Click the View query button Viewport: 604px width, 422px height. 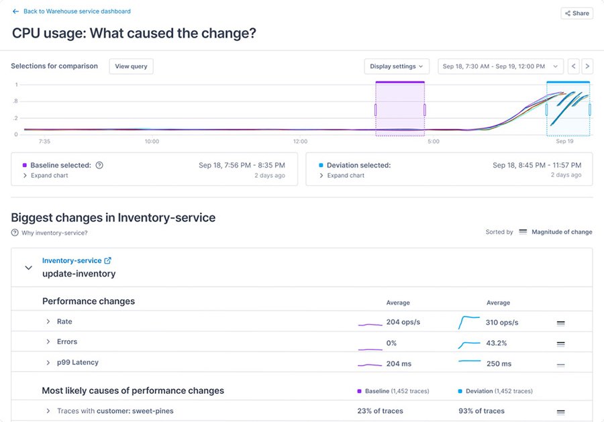click(x=131, y=66)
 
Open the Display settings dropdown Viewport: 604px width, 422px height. click(x=397, y=66)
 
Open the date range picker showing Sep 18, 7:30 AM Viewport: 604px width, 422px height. click(x=501, y=66)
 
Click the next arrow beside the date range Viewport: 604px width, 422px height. click(x=587, y=66)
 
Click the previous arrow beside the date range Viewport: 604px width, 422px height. click(x=574, y=66)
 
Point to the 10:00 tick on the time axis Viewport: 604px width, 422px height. click(x=152, y=142)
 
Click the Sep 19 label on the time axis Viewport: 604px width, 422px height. click(x=564, y=142)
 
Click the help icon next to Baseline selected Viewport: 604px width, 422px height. click(x=99, y=165)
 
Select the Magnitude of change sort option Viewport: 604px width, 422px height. click(x=561, y=232)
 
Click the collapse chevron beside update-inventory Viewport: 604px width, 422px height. click(x=28, y=268)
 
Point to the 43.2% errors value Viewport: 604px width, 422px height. click(x=496, y=343)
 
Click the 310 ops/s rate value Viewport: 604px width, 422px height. click(x=501, y=322)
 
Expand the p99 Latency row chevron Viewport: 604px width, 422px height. click(x=48, y=363)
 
